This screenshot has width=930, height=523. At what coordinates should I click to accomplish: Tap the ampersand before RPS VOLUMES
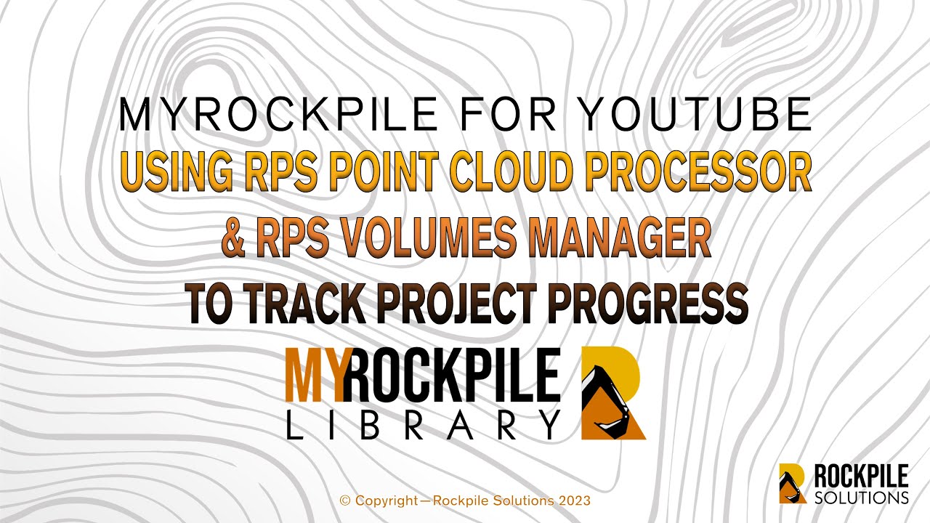234,237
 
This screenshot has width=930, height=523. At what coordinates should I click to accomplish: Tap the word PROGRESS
650,303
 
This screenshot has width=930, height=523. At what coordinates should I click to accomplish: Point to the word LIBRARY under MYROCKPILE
423,424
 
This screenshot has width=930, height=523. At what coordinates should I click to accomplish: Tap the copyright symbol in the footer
345,500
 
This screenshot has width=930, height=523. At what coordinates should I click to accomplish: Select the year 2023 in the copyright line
576,500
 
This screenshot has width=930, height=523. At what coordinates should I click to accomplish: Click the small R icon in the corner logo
793,483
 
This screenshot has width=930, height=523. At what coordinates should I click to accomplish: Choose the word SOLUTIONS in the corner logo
862,498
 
